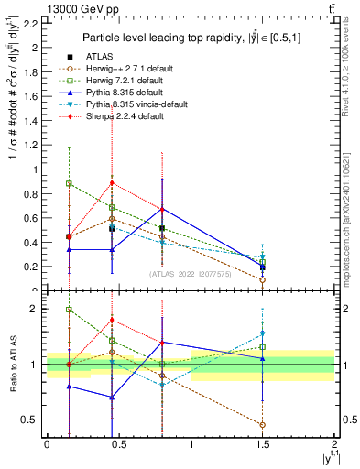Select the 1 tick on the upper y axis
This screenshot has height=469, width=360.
click(37, 169)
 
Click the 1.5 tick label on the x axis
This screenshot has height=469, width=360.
click(263, 446)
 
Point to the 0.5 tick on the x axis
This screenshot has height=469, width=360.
click(118, 446)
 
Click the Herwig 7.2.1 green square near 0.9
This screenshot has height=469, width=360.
click(69, 183)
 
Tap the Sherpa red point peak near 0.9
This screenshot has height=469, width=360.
click(112, 182)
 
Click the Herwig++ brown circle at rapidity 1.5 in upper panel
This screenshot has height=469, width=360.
click(262, 279)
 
